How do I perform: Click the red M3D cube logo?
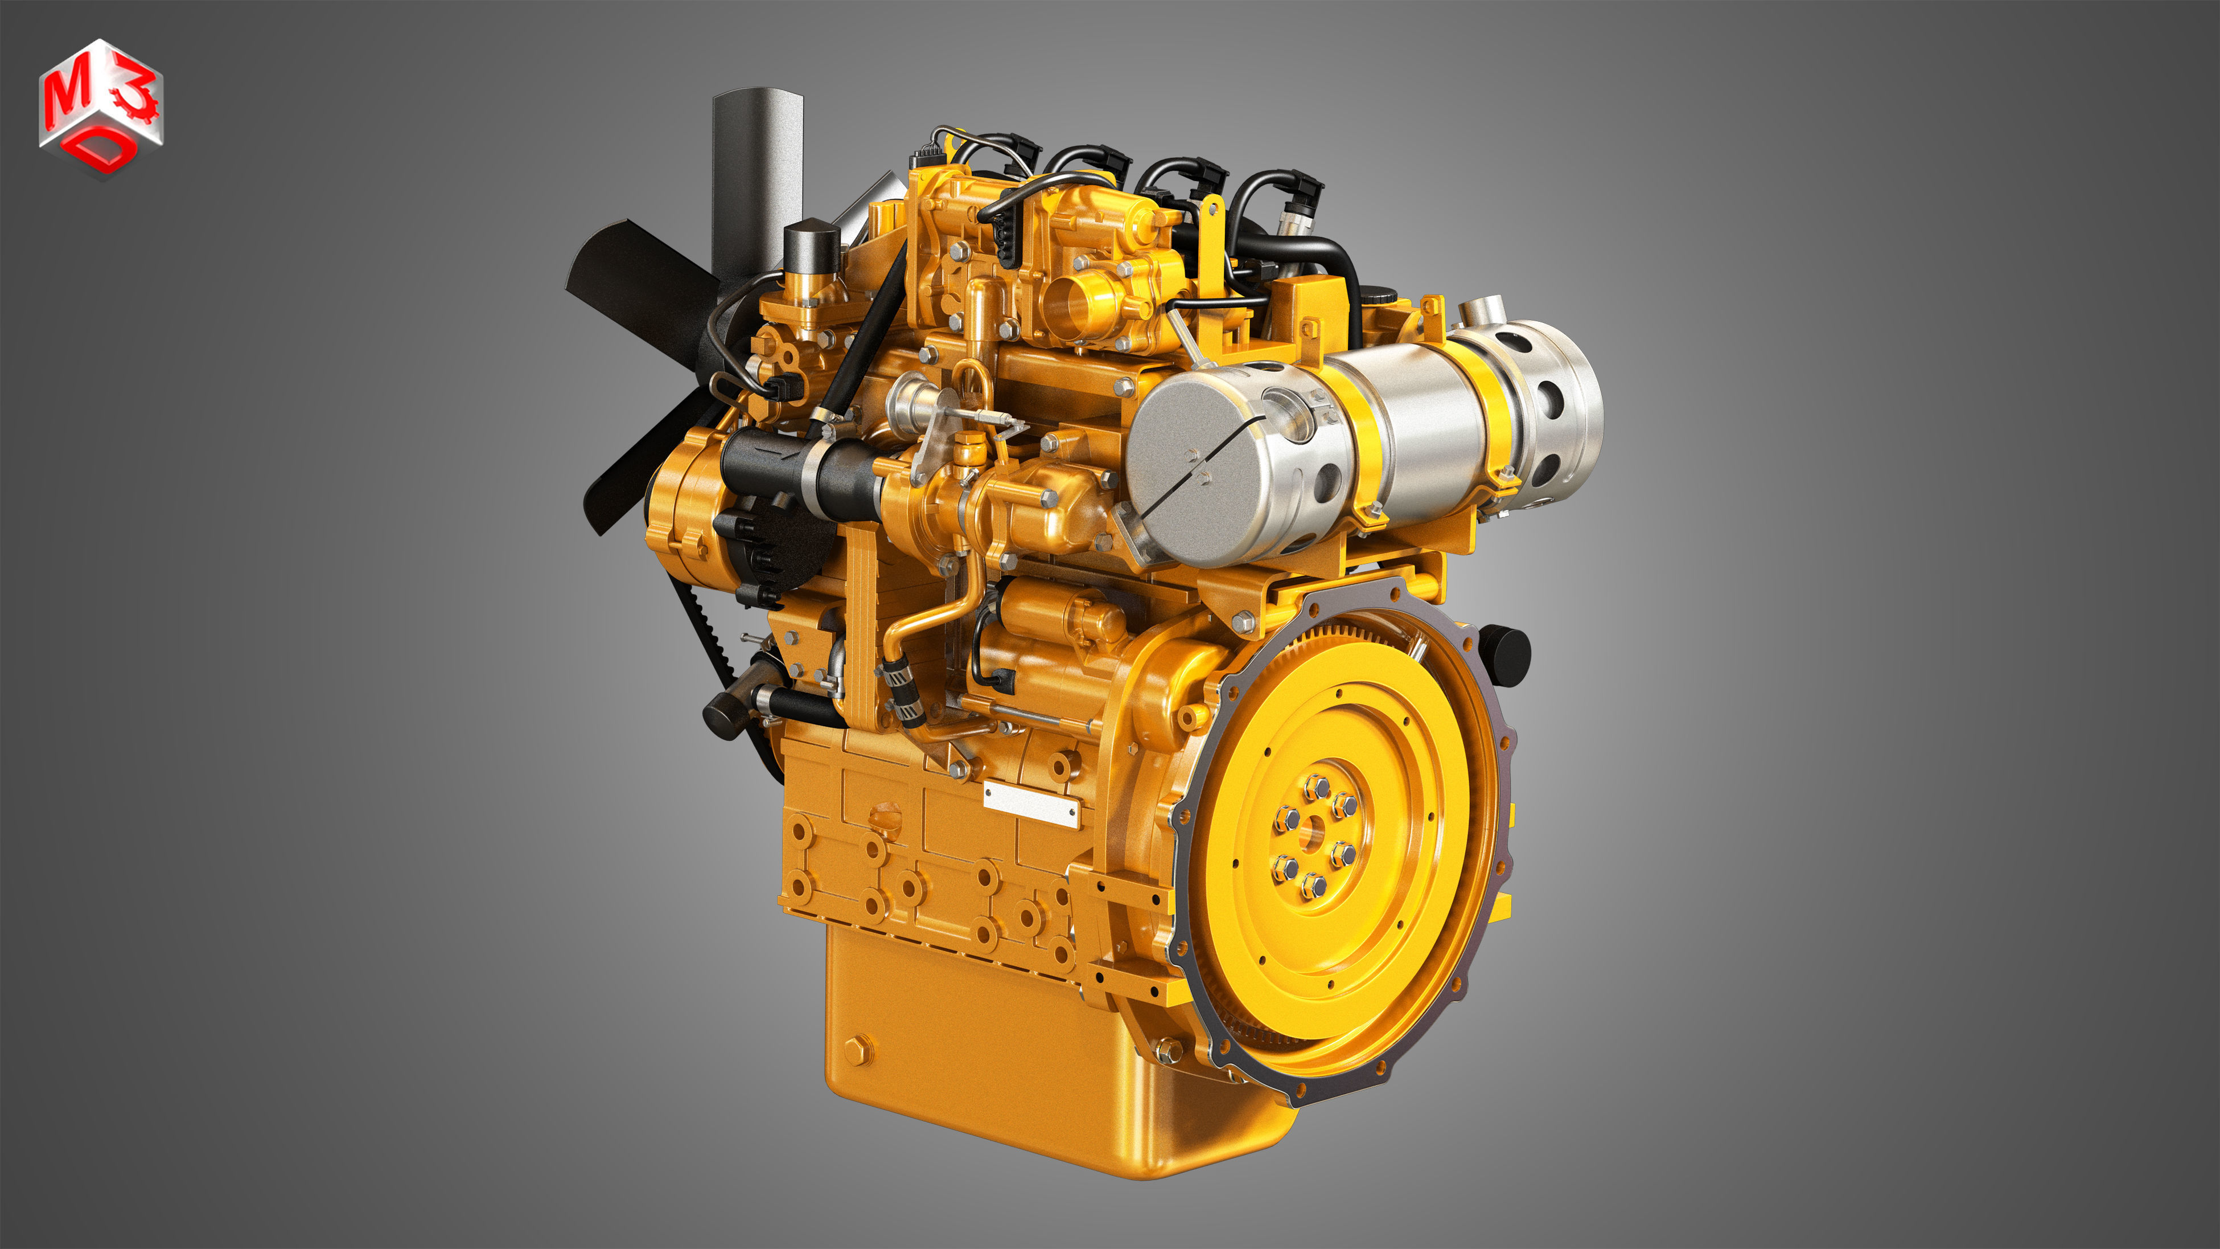tap(101, 108)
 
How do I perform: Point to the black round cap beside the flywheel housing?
tap(1506, 655)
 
